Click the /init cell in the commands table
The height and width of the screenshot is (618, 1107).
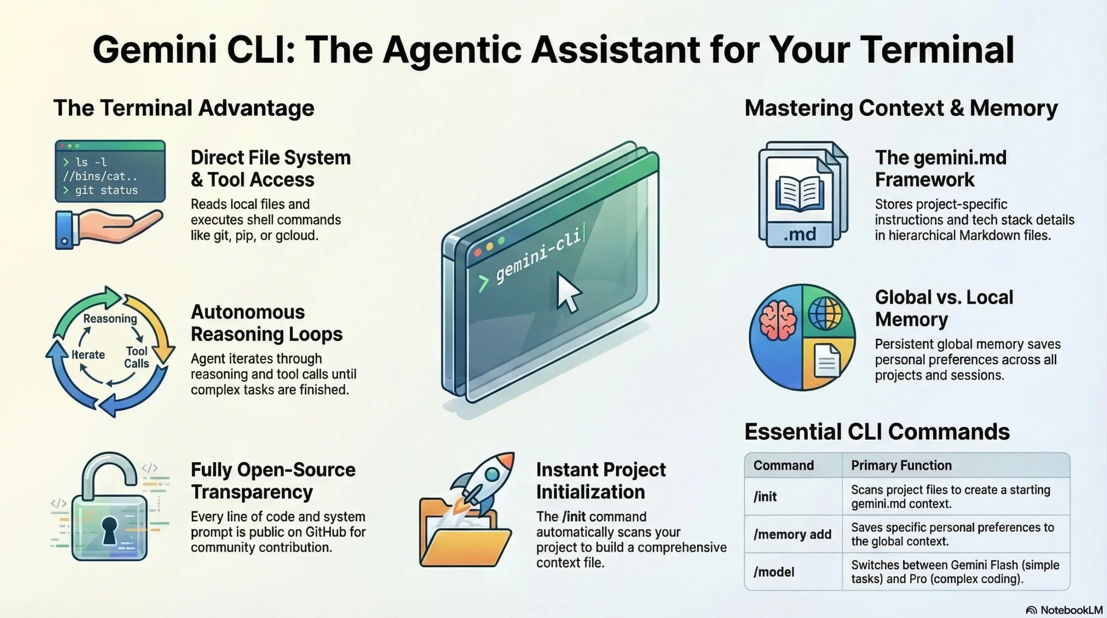pyautogui.click(x=765, y=496)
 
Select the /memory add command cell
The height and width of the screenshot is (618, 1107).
pyautogui.click(x=792, y=534)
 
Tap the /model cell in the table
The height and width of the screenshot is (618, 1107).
pyautogui.click(x=774, y=572)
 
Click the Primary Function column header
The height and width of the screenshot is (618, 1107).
pyautogui.click(x=901, y=465)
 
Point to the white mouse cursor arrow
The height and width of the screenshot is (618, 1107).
pyautogui.click(x=567, y=292)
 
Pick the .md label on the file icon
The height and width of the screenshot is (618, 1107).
pyautogui.click(x=800, y=234)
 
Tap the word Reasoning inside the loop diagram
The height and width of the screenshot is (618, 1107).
pyautogui.click(x=110, y=319)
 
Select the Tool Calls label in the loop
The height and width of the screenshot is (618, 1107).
pyautogui.click(x=137, y=357)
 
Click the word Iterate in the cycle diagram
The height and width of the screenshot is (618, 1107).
pyautogui.click(x=88, y=355)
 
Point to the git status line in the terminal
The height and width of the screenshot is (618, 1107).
pyautogui.click(x=106, y=190)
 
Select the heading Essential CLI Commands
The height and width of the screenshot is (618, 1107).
pyautogui.click(x=877, y=432)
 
